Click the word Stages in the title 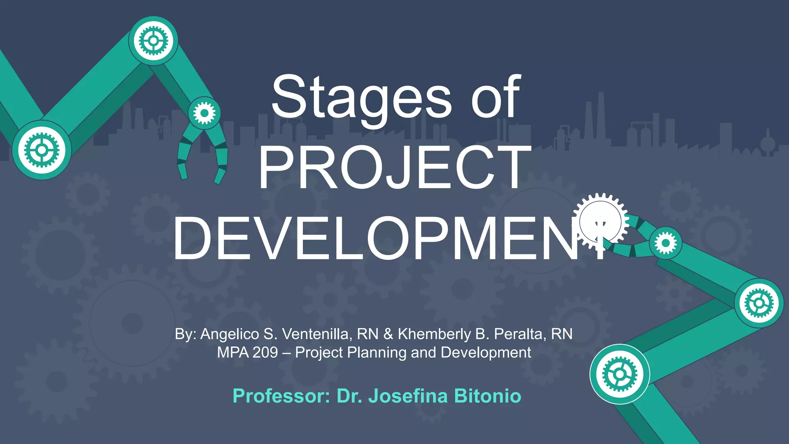pos(361,97)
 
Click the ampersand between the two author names pos(388,334)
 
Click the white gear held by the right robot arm pos(600,222)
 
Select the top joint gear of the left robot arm pos(153,40)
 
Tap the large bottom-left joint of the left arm pos(42,150)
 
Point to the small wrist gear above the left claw pos(205,113)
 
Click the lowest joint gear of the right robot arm pos(619,374)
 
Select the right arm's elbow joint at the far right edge pos(759,303)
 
